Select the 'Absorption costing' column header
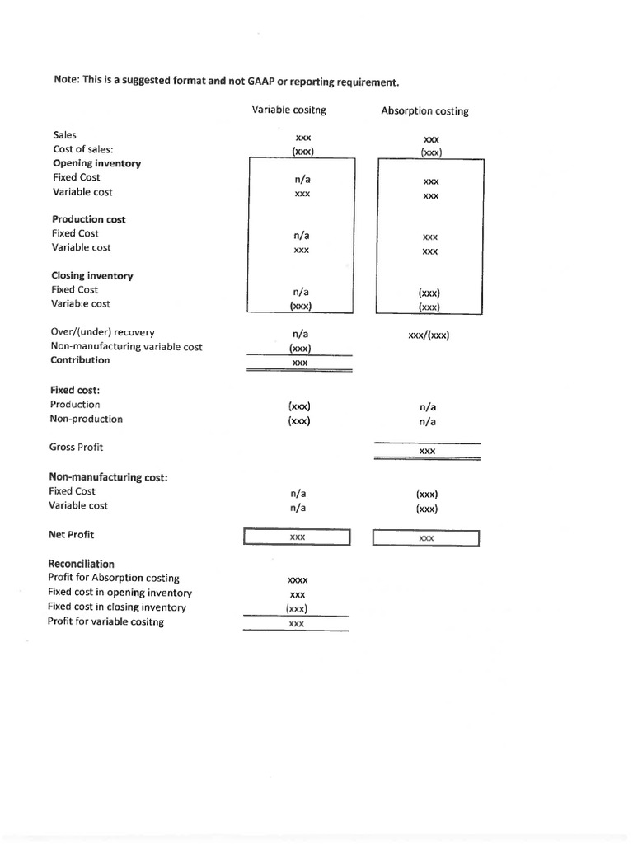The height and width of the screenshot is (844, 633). tap(424, 111)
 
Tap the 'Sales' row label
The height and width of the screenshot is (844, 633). tap(64, 134)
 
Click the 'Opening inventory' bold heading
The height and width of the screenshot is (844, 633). tap(96, 163)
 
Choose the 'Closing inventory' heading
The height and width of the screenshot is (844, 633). tap(92, 275)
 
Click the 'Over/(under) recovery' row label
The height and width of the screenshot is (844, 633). tap(102, 332)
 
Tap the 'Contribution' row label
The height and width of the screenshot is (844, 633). tap(80, 360)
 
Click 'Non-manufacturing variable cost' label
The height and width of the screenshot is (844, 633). tap(127, 347)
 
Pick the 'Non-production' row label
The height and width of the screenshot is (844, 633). tap(86, 419)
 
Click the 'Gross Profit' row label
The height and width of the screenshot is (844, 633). tap(77, 447)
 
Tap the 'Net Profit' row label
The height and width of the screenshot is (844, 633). tap(72, 534)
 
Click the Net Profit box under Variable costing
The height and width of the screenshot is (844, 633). tap(297, 537)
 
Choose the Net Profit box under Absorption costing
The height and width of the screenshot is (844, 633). tap(426, 538)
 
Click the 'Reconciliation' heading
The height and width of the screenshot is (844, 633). tap(82, 564)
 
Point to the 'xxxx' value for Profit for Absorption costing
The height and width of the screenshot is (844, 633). tap(298, 580)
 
